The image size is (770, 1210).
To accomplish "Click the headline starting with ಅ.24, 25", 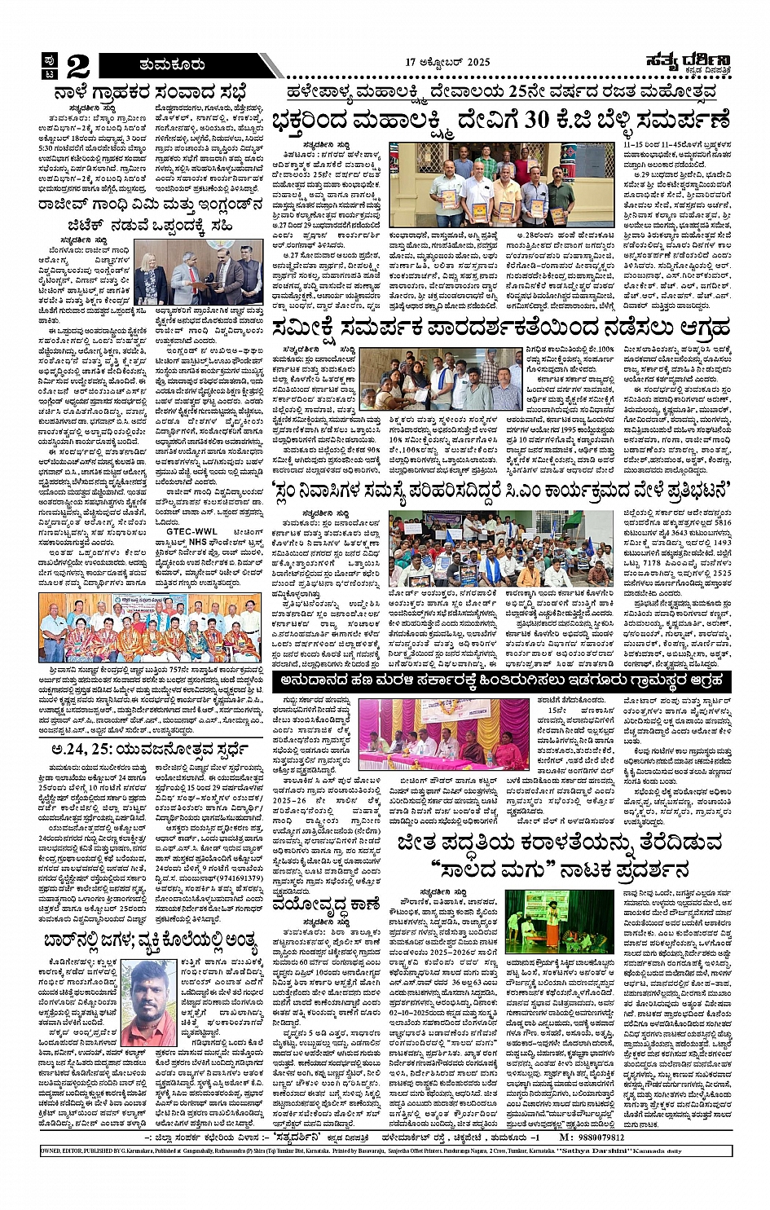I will (151, 749).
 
